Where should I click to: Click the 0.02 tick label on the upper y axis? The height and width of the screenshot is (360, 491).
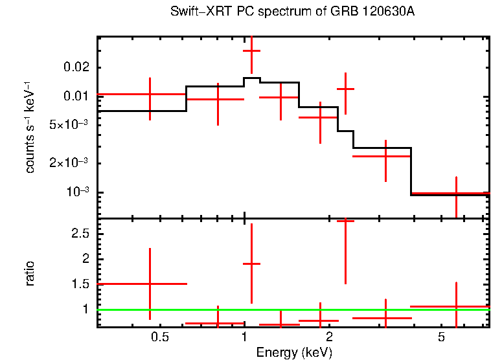[76, 67]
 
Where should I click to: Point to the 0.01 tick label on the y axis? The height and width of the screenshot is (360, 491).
[76, 96]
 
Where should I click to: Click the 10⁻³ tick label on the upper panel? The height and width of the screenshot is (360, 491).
[76, 192]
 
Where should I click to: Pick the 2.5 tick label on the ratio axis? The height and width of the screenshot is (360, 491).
[81, 233]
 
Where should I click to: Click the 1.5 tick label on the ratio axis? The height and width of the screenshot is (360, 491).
[81, 284]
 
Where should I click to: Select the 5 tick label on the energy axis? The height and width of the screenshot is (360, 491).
[441, 337]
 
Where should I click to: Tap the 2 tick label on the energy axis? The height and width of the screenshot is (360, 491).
[329, 337]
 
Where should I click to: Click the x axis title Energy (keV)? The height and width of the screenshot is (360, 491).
[294, 352]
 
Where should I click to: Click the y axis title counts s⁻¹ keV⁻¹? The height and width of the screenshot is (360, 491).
[30, 127]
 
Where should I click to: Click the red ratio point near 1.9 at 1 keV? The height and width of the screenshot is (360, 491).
[251, 264]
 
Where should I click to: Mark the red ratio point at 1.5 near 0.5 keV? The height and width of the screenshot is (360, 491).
[150, 284]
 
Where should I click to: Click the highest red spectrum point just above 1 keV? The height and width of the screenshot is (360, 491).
[251, 51]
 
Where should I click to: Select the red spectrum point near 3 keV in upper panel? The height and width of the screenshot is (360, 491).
[385, 156]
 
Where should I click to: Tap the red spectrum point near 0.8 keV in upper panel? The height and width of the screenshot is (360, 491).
[218, 99]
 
